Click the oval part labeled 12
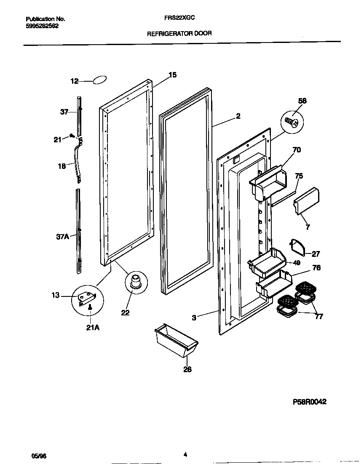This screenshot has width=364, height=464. coord(99,80)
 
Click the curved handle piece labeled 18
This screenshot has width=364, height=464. coord(78,162)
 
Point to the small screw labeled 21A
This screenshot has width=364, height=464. coord(89,308)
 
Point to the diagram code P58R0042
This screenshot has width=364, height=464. coord(310,402)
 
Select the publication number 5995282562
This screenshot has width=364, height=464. coord(42,26)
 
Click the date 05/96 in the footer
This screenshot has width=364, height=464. coord(37,456)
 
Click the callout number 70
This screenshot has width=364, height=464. coord(296,149)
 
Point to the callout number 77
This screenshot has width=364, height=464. coord(319,317)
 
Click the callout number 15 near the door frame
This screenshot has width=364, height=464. coord(172,75)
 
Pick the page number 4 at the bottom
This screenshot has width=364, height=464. coord(185,454)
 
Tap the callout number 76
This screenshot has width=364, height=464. coord(316,268)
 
